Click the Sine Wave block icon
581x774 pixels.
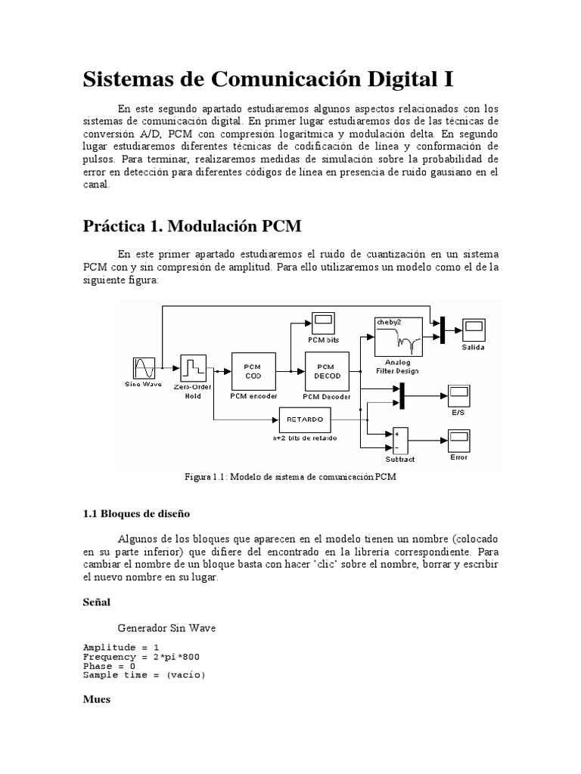point(144,368)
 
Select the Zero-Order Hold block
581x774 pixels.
point(194,368)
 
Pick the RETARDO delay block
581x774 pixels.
point(305,419)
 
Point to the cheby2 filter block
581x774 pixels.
point(397,336)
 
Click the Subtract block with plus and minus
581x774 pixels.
point(399,441)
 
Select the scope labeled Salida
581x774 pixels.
point(474,329)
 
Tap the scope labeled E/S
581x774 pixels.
point(459,395)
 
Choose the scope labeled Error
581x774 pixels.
point(459,440)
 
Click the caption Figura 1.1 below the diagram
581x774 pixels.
point(290,477)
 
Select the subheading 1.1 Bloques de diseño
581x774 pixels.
point(136,513)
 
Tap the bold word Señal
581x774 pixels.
point(96,602)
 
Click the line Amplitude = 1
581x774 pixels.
point(121,648)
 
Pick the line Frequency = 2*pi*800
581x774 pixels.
point(141,657)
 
